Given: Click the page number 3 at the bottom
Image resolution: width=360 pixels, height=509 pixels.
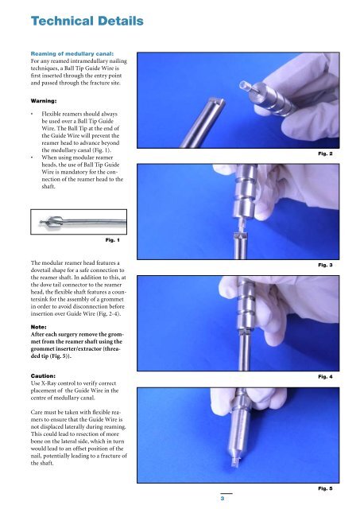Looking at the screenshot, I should tap(226, 499).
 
